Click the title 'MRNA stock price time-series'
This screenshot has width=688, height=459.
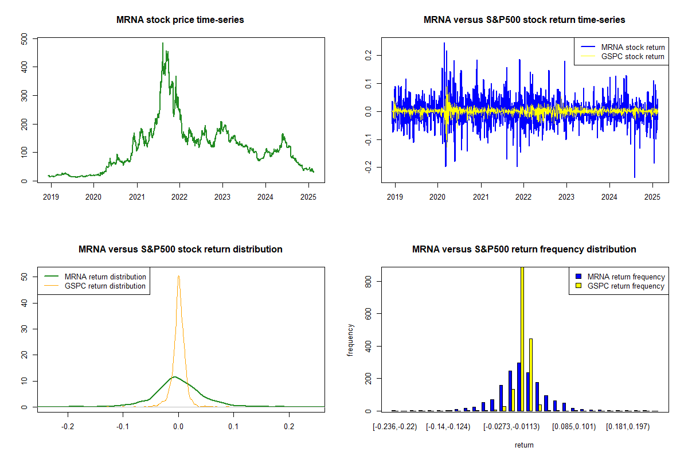pos(180,20)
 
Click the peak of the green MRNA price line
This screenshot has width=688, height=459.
pos(162,44)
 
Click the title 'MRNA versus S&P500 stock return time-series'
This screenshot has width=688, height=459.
pos(524,20)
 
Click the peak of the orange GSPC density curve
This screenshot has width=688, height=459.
pos(178,276)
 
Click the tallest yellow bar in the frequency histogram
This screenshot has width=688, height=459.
pos(522,339)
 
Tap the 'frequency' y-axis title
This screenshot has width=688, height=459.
pos(350,340)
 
